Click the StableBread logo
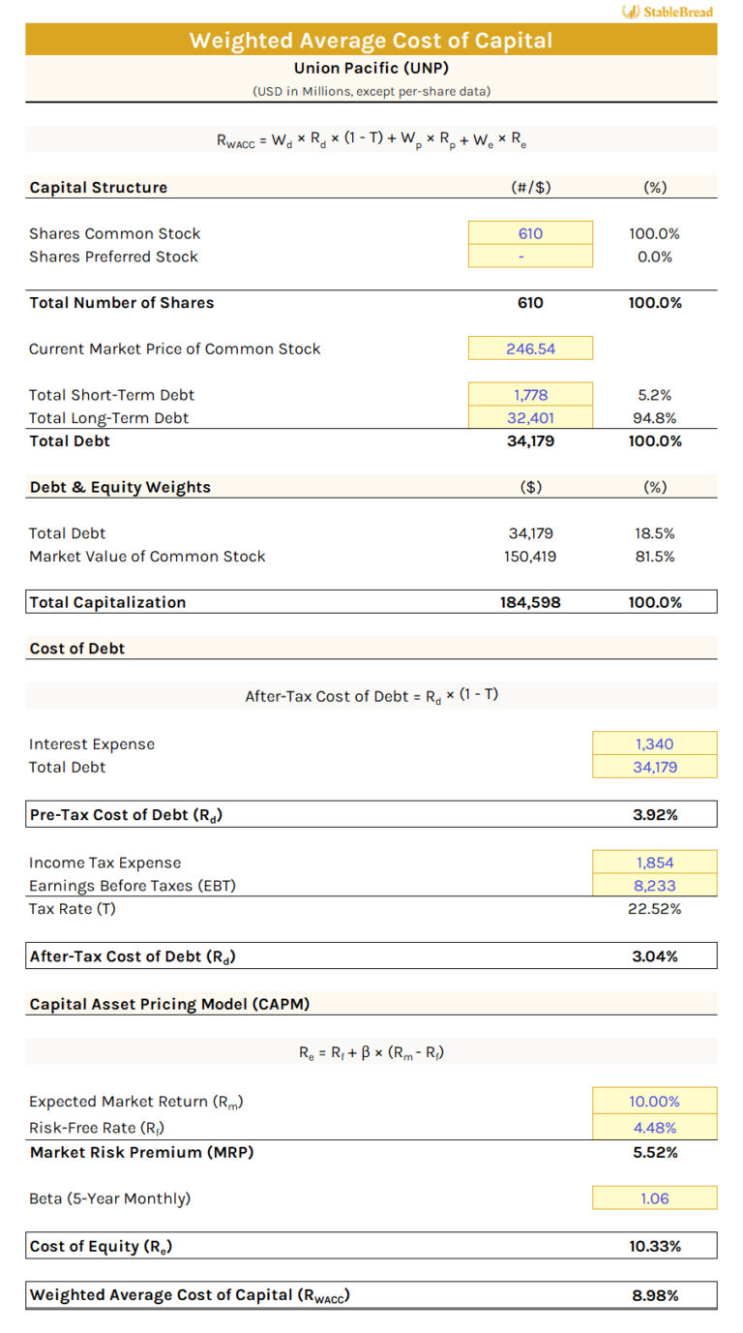click(669, 12)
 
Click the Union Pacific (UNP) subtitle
click(371, 68)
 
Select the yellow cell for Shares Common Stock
click(530, 233)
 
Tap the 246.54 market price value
click(530, 348)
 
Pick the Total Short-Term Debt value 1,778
click(530, 395)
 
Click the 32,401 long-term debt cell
click(530, 418)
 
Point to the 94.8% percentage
click(655, 418)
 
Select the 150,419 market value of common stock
click(530, 557)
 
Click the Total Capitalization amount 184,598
click(530, 602)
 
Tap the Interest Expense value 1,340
click(655, 744)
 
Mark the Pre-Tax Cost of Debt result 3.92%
click(655, 815)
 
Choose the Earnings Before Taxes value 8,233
click(655, 886)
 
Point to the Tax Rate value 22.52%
click(655, 909)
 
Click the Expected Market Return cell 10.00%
click(655, 1102)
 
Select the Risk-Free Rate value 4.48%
click(655, 1128)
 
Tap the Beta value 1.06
click(655, 1198)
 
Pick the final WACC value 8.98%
click(655, 1295)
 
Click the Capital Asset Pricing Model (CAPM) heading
click(169, 1004)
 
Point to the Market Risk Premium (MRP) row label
click(141, 1153)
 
